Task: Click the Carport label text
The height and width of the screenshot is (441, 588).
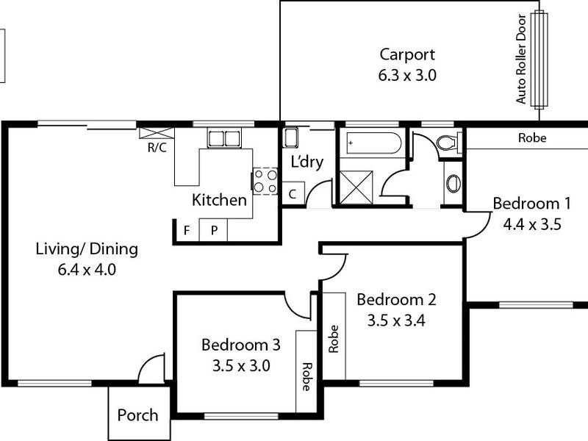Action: [407, 54]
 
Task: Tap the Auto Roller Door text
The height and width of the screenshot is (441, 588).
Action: [522, 59]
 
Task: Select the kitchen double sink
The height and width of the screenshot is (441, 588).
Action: [223, 138]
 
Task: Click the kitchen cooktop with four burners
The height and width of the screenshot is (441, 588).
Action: [265, 181]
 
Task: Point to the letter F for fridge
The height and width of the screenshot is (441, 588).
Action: [187, 230]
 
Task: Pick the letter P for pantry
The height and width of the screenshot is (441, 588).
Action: [214, 230]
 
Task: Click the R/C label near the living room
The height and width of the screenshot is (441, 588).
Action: [156, 146]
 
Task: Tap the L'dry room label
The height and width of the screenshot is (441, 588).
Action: [307, 162]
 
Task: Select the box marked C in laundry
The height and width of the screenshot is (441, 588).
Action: [292, 195]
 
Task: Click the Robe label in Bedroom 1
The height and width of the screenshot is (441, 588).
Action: [532, 137]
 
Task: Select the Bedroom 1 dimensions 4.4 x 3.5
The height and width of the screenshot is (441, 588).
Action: [532, 225]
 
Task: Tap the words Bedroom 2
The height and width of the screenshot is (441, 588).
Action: [396, 299]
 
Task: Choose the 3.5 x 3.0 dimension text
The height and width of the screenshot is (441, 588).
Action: [241, 365]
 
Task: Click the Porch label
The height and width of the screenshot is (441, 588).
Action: [137, 415]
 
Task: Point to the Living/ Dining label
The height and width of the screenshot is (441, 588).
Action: [87, 248]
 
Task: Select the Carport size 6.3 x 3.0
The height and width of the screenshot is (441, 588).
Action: [407, 74]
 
